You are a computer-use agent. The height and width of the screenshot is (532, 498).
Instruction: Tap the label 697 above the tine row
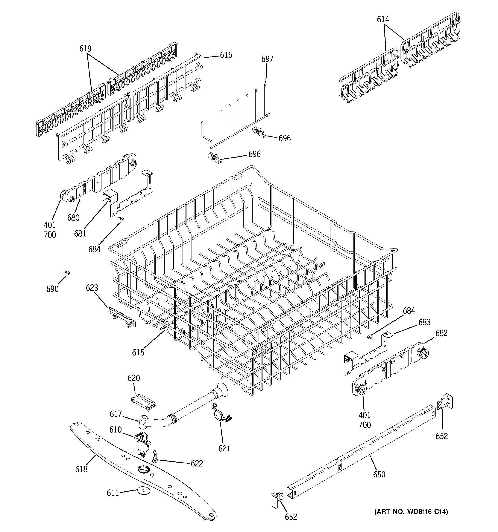point(267,59)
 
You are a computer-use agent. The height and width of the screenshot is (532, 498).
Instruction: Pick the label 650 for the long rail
point(379,474)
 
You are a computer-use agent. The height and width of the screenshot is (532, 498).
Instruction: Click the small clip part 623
point(122,317)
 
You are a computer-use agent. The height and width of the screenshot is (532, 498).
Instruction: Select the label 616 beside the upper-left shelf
point(226,55)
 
